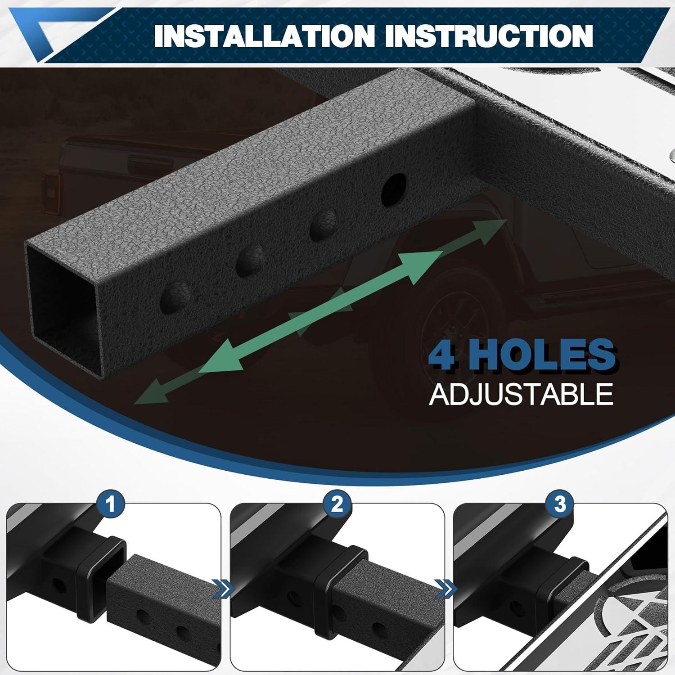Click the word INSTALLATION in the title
tap(264, 36)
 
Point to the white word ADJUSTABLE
tap(521, 394)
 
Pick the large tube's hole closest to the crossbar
tap(394, 192)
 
